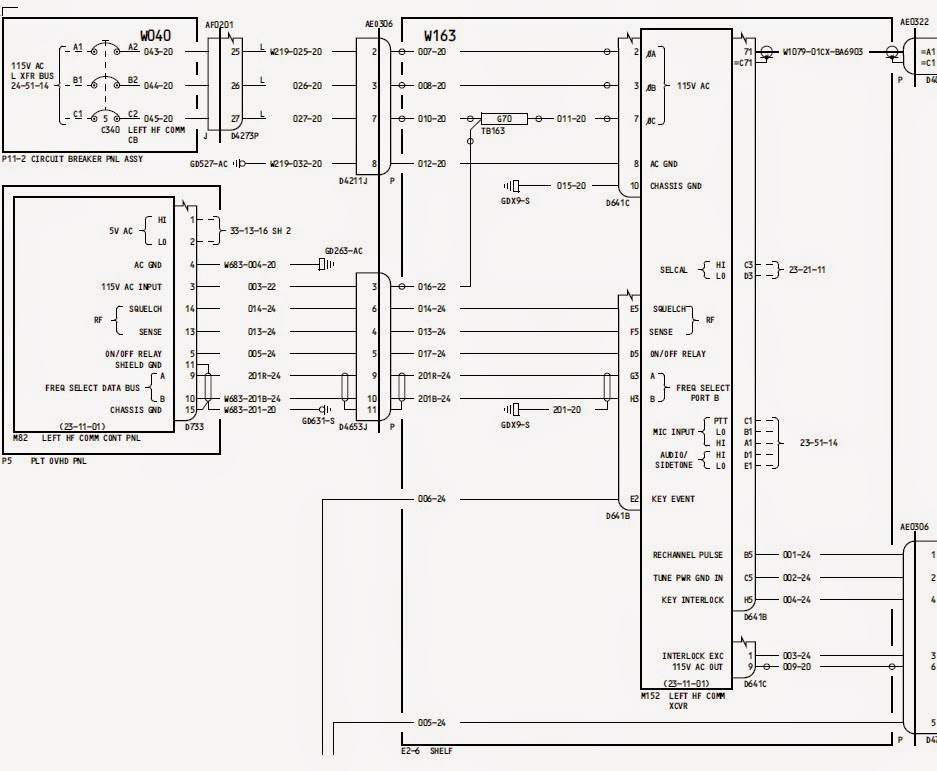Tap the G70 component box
pyautogui.click(x=504, y=118)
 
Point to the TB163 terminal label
pyautogui.click(x=492, y=131)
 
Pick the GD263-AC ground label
pyautogui.click(x=344, y=251)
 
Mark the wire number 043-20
pyautogui.click(x=158, y=51)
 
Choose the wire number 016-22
pyautogui.click(x=432, y=286)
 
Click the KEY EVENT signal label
pyautogui.click(x=672, y=499)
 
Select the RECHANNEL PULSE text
pyautogui.click(x=686, y=554)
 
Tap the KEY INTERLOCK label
pyautogui.click(x=692, y=600)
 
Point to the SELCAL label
pyautogui.click(x=674, y=270)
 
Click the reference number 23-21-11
pyautogui.click(x=807, y=270)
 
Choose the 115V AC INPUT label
pyautogui.click(x=132, y=287)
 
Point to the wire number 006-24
pyautogui.click(x=432, y=499)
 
